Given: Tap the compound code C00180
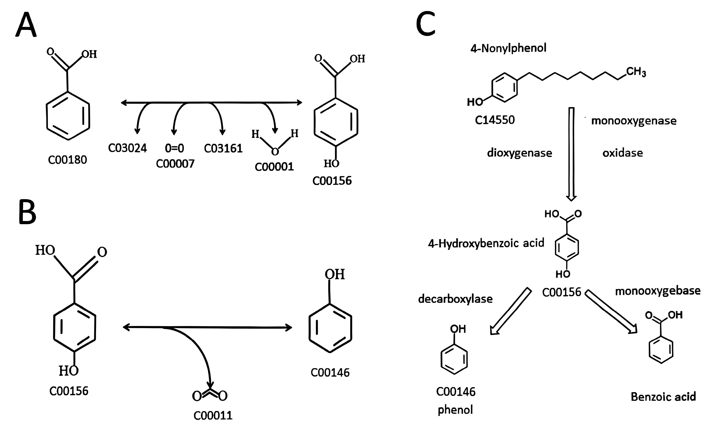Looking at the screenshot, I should (68, 160).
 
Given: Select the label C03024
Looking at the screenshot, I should (127, 148).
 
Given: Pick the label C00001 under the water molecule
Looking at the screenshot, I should (274, 166).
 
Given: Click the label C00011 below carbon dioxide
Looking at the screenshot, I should (213, 416).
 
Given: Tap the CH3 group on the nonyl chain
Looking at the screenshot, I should (636, 72).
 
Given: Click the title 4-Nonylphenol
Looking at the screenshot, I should (508, 48).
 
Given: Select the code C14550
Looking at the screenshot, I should (495, 120).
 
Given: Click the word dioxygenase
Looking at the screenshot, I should (519, 153).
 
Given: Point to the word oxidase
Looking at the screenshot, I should (622, 153).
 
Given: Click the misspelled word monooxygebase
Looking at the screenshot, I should (657, 291).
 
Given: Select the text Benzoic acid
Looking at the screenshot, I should (663, 397).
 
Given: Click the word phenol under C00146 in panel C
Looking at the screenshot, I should (455, 410).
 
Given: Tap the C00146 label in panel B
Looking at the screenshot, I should (330, 372).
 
